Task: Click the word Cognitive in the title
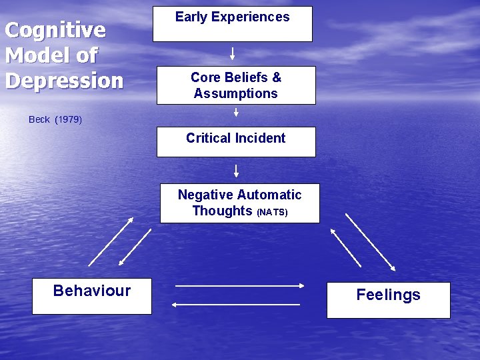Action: point(55,30)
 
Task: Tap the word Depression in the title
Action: point(65,80)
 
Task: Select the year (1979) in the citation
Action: point(69,120)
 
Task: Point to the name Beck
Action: point(39,120)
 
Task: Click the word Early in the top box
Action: point(190,17)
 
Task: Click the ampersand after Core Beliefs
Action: point(277,77)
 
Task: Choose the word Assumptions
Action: point(236,93)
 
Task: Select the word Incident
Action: point(263,138)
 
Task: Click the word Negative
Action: point(204,195)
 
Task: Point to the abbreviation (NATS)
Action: point(272,213)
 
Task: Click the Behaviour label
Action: point(92,291)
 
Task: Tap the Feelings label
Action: point(388,295)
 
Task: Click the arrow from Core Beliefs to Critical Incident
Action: point(236,113)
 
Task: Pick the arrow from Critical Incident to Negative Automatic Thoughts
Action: point(236,171)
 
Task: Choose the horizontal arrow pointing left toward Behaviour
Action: point(236,305)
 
